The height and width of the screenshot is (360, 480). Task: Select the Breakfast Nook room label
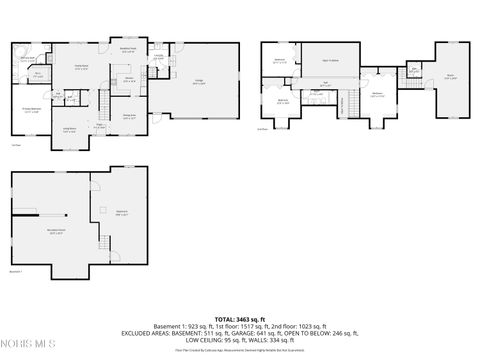(129, 49)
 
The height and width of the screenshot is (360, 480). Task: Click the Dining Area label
(129, 117)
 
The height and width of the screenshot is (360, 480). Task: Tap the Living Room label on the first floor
(72, 128)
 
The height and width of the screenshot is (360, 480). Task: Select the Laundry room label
(157, 84)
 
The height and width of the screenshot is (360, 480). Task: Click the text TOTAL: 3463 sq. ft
(239, 317)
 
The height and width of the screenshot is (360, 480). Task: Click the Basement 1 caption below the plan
(16, 271)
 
